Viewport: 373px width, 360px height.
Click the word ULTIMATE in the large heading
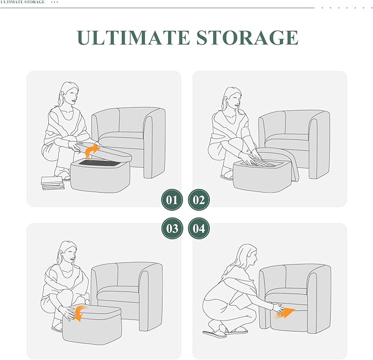pos(133,37)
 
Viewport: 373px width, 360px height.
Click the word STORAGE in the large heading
pos(247,37)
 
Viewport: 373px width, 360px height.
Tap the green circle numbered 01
pos(172,200)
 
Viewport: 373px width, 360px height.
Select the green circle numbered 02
pos(199,200)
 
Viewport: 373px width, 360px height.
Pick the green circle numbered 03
pos(172,228)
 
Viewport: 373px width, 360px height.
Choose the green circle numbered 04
pos(199,228)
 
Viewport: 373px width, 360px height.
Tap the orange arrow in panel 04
pos(286,313)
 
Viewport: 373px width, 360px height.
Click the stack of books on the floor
pos(53,183)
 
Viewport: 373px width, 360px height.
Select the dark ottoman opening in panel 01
pos(99,163)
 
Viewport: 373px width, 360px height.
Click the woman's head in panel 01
pos(69,93)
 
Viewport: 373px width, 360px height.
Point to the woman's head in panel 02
pos(232,98)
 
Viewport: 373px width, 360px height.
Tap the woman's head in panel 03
pos(68,252)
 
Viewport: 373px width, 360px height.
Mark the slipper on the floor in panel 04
pos(214,334)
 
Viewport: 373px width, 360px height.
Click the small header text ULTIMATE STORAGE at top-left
pos(23,2)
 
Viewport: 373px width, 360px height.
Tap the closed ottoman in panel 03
pos(92,325)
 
